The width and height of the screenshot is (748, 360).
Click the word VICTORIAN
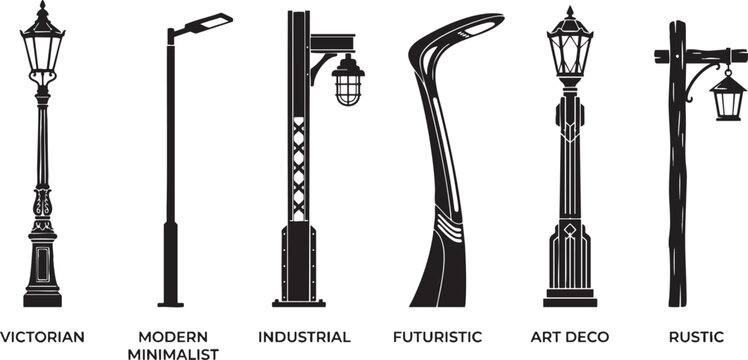[42, 337]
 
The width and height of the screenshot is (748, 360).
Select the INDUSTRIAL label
[304, 337]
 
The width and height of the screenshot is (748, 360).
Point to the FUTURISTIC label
[437, 337]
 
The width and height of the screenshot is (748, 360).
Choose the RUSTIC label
[696, 337]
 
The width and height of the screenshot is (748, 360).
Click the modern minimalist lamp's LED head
[209, 23]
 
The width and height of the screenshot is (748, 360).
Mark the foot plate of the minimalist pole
[171, 304]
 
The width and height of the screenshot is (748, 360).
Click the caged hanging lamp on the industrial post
[348, 80]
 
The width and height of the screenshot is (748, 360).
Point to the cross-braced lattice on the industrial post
[299, 169]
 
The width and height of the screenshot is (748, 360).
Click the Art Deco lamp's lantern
[570, 52]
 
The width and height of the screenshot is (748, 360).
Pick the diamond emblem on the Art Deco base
[570, 230]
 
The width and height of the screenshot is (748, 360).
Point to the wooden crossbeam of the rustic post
[701, 56]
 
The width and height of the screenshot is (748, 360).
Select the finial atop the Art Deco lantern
[570, 13]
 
